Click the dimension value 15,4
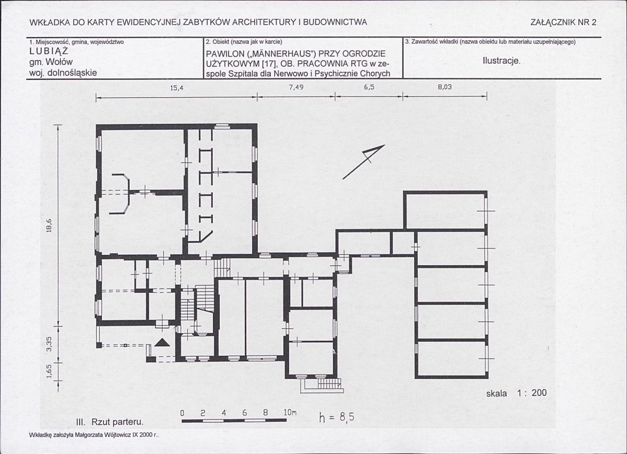(176, 88)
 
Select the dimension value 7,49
(296, 88)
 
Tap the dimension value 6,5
(369, 87)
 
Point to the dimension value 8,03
(444, 87)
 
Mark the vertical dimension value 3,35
(49, 344)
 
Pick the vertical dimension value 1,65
(49, 370)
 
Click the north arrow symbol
(364, 162)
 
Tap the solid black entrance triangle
(162, 343)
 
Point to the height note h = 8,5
(336, 417)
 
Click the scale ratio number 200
(539, 393)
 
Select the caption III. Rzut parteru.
(109, 423)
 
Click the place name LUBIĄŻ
(49, 52)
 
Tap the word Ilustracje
(501, 61)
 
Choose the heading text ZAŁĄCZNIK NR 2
(563, 22)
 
